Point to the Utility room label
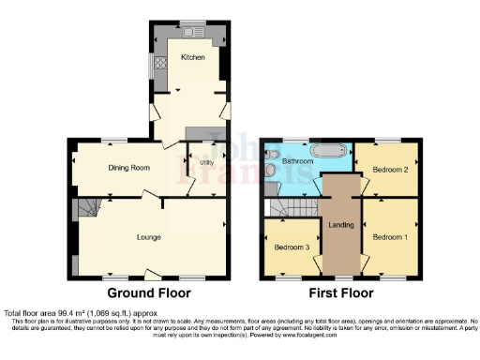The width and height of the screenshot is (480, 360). pyautogui.click(x=206, y=161)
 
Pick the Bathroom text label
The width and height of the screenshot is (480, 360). pyautogui.click(x=297, y=160)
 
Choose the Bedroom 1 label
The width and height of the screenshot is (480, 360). pyautogui.click(x=389, y=237)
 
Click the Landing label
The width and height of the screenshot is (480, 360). pyautogui.click(x=339, y=224)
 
